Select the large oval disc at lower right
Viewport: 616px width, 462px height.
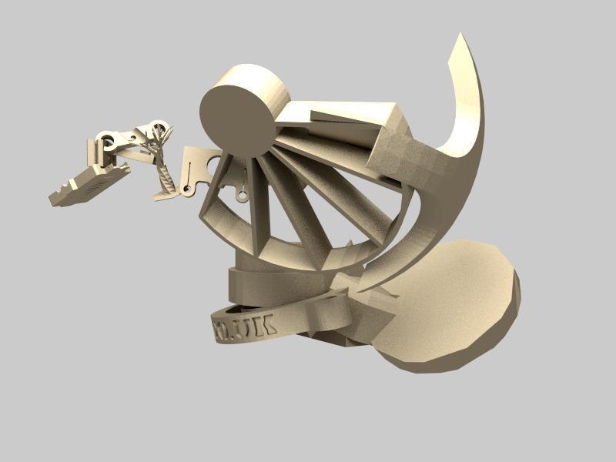tap(454, 304)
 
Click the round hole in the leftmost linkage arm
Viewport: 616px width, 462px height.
tap(109, 141)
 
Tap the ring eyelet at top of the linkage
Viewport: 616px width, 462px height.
tap(160, 128)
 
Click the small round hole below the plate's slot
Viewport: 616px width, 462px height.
tap(186, 189)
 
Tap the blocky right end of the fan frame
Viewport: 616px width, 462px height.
tap(400, 154)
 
